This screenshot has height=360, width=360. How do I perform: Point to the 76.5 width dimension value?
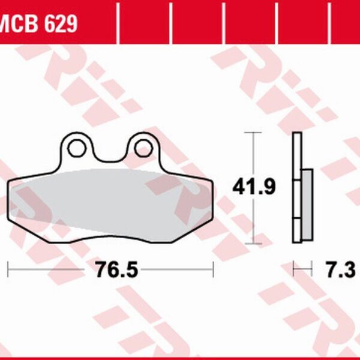pos(116,270)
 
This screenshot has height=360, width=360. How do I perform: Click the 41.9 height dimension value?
pos(254,188)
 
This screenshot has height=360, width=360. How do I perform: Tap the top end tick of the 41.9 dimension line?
pos(254,132)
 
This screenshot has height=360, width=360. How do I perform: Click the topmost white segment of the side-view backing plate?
pos(296,155)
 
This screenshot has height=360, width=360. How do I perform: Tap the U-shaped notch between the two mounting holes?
pos(109,155)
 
